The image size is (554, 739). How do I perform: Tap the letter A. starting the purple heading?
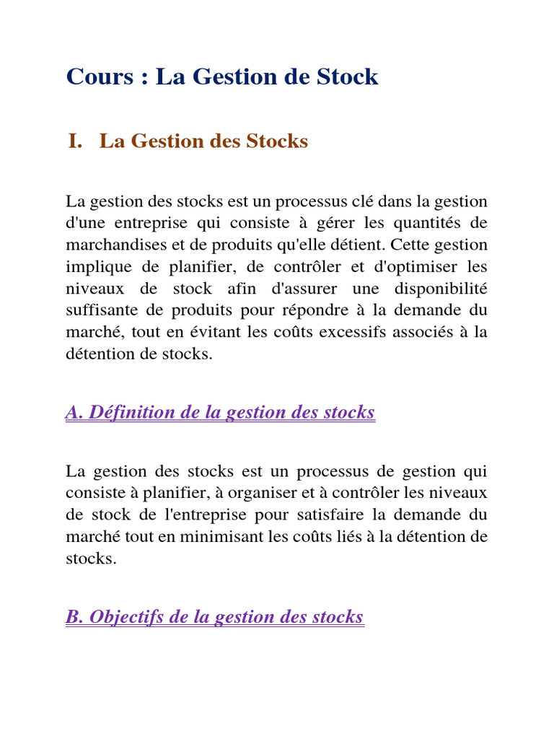tap(74, 413)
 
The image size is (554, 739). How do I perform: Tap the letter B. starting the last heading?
tap(74, 617)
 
